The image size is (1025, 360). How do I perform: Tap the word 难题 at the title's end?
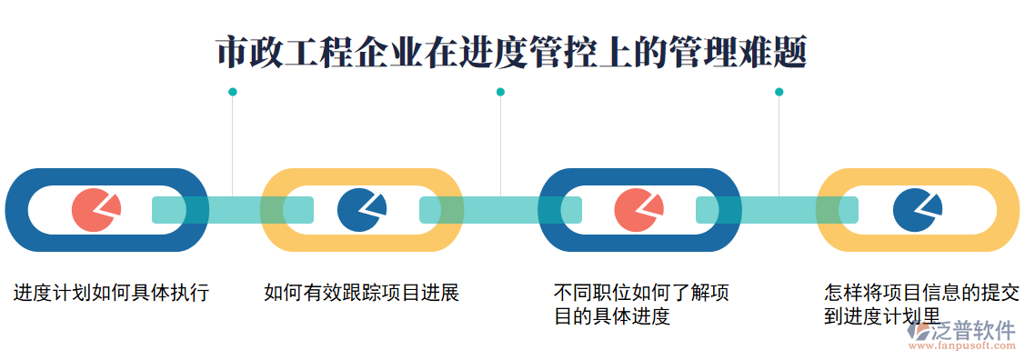pyautogui.click(x=774, y=53)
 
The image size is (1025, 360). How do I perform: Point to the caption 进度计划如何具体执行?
pyautogui.click(x=111, y=293)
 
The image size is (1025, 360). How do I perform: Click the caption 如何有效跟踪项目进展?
pyautogui.click(x=361, y=293)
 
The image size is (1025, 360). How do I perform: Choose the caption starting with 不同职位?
pyautogui.click(x=641, y=305)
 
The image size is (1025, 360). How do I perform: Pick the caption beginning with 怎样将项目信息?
pyautogui.click(x=921, y=305)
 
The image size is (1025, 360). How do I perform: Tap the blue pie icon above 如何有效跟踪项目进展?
pyautogui.click(x=361, y=210)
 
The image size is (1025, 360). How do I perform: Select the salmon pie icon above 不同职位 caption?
pyautogui.click(x=638, y=210)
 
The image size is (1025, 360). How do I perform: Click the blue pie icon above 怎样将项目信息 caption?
pyautogui.click(x=917, y=210)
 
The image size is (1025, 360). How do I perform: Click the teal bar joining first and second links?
pyautogui.click(x=232, y=210)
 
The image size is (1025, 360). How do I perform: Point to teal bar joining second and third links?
pyautogui.click(x=499, y=210)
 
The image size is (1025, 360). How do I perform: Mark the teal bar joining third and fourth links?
pyautogui.click(x=777, y=210)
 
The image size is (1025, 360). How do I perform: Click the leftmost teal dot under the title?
pyautogui.click(x=233, y=92)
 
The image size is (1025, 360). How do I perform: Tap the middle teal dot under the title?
pyautogui.click(x=500, y=92)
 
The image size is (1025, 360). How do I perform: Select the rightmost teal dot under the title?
pyautogui.click(x=779, y=92)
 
